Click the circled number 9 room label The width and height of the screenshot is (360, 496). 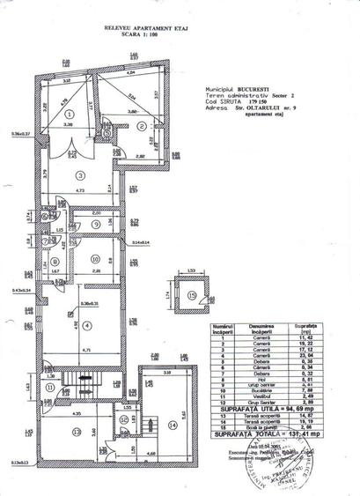coord(94,225)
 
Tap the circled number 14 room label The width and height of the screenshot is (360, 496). coord(170,425)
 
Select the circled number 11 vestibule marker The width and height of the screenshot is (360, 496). coord(50,388)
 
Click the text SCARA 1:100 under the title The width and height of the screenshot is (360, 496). coord(123,36)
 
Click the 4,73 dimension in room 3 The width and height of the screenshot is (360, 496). coord(80,189)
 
